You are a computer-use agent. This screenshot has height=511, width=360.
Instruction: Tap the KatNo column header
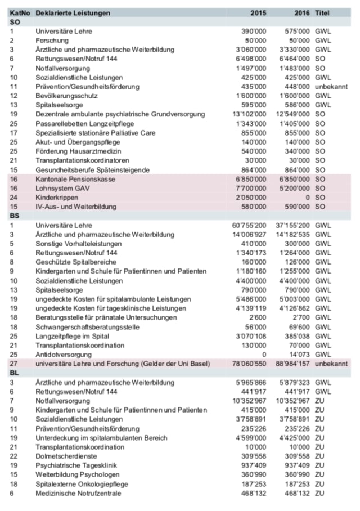tap(19, 12)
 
